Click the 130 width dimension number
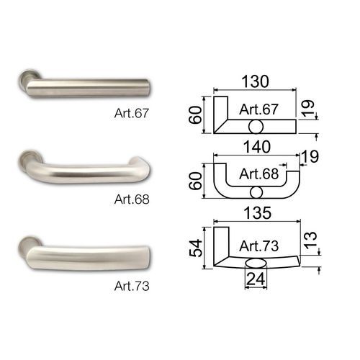point(255,81)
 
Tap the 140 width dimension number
point(257,147)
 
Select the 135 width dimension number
point(258,212)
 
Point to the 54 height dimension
point(196,248)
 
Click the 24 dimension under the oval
point(256,279)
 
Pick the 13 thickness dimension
point(311,240)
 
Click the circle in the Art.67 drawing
point(256,127)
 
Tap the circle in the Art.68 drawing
point(256,192)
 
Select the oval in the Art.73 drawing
point(256,264)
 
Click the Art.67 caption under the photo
point(132,113)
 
